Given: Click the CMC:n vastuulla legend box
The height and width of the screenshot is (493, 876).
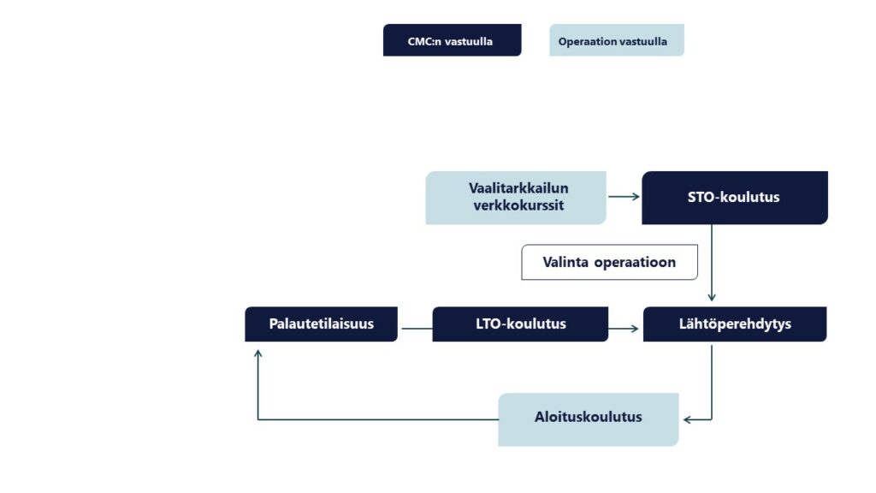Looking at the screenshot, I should (452, 40).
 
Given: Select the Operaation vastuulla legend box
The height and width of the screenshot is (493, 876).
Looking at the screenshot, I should (616, 40).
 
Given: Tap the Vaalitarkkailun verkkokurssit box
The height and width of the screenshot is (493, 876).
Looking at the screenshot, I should (516, 198).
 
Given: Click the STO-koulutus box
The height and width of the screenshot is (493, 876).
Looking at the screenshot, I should (734, 198).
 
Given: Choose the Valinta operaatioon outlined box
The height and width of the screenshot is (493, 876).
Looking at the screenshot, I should (609, 263).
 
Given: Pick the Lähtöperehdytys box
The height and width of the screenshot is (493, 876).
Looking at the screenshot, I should (734, 324).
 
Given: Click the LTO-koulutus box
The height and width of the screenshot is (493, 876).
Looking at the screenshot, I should (520, 324).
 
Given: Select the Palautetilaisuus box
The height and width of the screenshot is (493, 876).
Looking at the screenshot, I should (321, 324).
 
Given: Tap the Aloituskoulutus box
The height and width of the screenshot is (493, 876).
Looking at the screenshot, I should (588, 419).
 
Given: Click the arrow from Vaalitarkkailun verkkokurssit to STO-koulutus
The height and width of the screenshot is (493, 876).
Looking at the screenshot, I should (624, 197).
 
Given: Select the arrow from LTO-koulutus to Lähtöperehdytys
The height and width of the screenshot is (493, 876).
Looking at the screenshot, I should (624, 328).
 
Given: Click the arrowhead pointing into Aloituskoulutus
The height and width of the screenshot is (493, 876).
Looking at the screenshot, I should (687, 419).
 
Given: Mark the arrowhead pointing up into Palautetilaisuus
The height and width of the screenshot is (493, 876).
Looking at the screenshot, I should (258, 351).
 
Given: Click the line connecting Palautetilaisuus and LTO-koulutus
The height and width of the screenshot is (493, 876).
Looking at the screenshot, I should (415, 328).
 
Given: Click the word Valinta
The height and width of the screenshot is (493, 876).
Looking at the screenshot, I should (566, 263).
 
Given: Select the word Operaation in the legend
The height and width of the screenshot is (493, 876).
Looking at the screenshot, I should (586, 41).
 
